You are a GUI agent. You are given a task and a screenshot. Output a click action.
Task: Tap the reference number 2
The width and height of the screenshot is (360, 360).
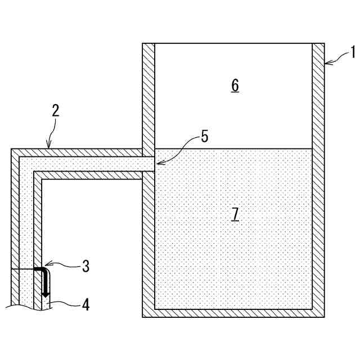(x=56, y=110)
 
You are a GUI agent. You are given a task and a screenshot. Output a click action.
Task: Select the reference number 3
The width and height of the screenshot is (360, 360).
(x=85, y=266)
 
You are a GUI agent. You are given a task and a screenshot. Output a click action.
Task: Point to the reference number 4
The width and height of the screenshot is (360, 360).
(x=85, y=305)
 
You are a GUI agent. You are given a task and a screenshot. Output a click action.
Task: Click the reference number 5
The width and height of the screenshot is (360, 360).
(x=204, y=137)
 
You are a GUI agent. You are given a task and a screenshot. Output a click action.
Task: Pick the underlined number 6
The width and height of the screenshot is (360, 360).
(x=235, y=85)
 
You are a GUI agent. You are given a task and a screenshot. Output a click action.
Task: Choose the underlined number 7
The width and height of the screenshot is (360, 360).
(x=235, y=214)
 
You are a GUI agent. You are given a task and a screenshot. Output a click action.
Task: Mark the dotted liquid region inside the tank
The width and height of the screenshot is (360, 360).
(x=233, y=253)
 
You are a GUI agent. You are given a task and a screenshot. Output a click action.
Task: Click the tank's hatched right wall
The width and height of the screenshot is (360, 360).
(x=318, y=180)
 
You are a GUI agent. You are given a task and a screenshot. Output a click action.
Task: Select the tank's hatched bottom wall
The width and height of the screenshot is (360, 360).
(x=233, y=313)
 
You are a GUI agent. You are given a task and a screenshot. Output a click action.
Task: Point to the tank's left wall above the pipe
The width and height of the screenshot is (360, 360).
(x=148, y=96)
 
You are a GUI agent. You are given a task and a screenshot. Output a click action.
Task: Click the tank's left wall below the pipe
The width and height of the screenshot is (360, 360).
(x=148, y=242)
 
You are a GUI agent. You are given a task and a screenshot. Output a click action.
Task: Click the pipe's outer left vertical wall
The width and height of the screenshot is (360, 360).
(x=15, y=225)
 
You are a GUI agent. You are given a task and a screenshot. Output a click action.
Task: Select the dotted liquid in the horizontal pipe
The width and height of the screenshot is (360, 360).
(x=90, y=164)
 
